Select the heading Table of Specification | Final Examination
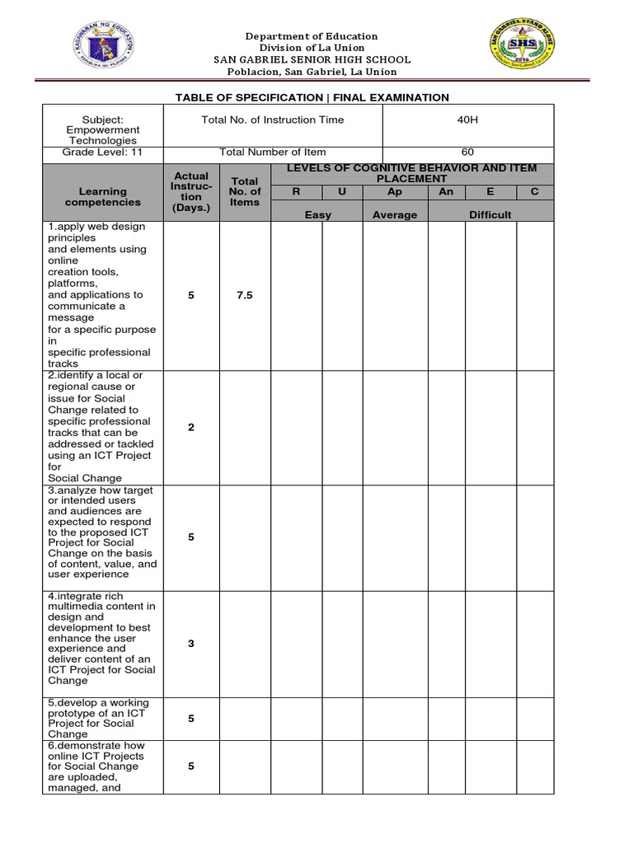coord(312,97)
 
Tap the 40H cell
coord(467,120)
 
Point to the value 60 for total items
coord(467,152)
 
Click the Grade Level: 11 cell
coord(103,152)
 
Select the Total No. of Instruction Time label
coord(272,120)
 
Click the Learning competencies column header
coord(103,197)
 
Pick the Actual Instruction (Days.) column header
coord(191,192)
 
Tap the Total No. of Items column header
coord(245,192)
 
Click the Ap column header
coord(395,192)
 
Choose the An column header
coord(446,192)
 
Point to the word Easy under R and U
coord(317,215)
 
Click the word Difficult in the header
coord(490,215)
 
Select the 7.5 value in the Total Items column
coord(245,295)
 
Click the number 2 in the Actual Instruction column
coord(191,427)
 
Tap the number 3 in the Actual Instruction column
coord(191,644)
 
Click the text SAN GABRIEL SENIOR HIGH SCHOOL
coord(312,60)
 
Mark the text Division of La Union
coord(312,48)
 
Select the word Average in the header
coord(395,215)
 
